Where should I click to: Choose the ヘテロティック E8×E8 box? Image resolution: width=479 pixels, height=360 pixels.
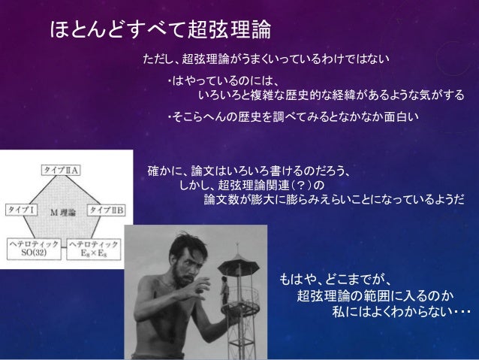95,248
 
